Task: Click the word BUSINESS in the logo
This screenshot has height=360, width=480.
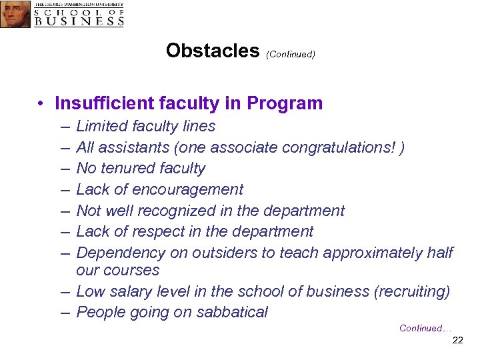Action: click(x=79, y=21)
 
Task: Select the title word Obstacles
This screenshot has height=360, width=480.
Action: click(x=213, y=51)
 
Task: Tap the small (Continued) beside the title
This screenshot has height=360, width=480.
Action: click(x=290, y=54)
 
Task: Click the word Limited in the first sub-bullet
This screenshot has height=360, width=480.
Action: click(x=101, y=126)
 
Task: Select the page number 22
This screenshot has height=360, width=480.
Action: click(x=457, y=341)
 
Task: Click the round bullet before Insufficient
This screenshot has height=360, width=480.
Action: click(x=41, y=104)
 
